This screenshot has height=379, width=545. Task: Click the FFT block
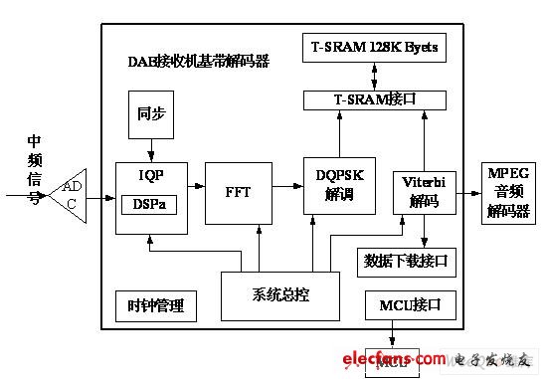pyautogui.click(x=238, y=191)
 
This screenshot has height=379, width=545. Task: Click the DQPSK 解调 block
pyautogui.click(x=338, y=185)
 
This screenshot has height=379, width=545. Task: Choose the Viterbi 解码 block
pyautogui.click(x=424, y=190)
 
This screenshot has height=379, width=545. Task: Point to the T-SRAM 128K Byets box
pyautogui.click(x=373, y=48)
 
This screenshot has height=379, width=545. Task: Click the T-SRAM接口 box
pyautogui.click(x=373, y=99)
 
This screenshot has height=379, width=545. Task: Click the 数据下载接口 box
pyautogui.click(x=406, y=262)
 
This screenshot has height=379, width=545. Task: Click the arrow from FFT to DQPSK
pyautogui.click(x=287, y=185)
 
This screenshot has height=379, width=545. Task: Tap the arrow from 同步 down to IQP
pyautogui.click(x=151, y=148)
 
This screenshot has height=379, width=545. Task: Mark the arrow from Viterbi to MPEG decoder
pyautogui.click(x=468, y=190)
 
